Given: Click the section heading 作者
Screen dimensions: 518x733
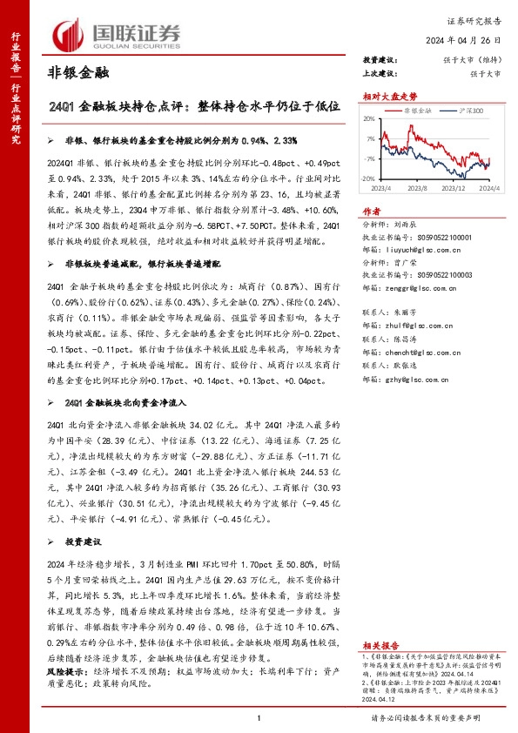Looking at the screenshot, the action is point(373,212).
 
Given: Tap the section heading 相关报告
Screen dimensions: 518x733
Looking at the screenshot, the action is point(381,646).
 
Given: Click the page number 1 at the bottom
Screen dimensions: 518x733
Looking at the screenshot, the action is point(259,717).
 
